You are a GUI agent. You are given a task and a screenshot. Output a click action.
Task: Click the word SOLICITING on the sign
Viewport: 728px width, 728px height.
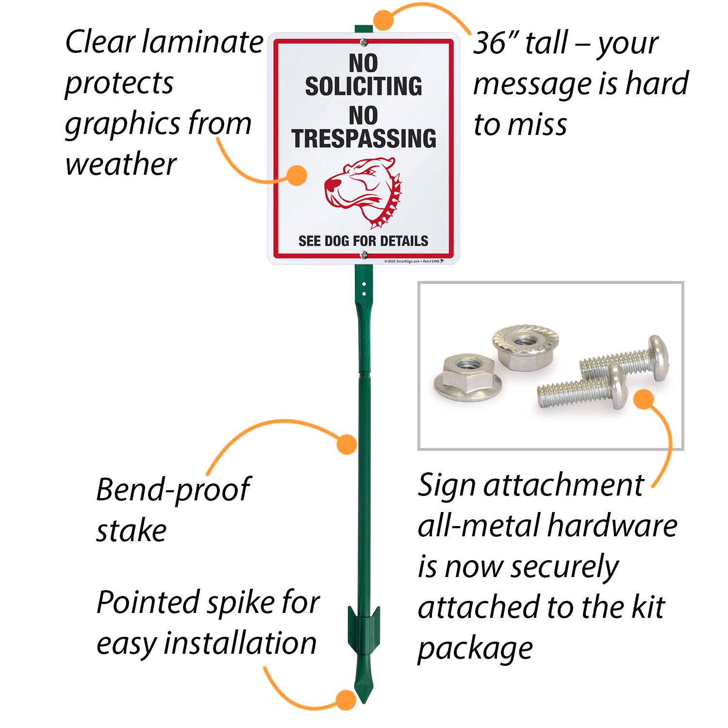coord(364,86)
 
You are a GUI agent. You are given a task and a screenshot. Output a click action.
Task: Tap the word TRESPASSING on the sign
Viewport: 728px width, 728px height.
coord(364,139)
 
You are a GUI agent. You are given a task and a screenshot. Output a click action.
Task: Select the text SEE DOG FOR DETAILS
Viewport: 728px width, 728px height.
coord(363,241)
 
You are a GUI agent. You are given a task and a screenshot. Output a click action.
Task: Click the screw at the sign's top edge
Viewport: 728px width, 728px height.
coord(364,43)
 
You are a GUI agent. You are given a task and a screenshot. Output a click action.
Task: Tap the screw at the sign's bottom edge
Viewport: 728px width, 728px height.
coord(364,254)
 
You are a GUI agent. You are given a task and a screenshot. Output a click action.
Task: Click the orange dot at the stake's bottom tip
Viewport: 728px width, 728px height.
coord(346,700)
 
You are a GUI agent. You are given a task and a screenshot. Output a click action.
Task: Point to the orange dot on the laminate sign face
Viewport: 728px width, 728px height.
coord(297,175)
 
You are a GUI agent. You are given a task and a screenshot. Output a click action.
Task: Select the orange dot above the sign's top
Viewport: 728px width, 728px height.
coord(383,20)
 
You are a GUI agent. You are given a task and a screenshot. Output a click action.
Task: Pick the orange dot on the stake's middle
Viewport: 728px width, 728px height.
coord(347,444)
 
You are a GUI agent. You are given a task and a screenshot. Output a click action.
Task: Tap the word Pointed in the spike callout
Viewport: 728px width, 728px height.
coord(146,603)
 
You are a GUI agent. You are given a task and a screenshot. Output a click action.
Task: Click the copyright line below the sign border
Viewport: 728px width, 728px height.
coord(413,261)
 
